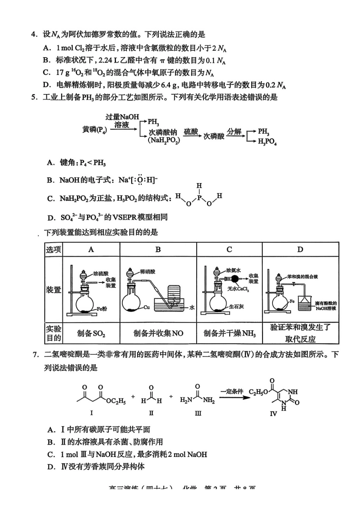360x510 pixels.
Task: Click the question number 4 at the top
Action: tap(34, 35)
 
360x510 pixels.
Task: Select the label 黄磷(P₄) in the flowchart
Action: tap(94, 130)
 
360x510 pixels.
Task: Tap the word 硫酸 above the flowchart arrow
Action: tap(191, 132)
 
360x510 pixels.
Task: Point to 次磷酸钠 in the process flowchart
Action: tap(163, 132)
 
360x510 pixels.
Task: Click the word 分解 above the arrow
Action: tap(234, 131)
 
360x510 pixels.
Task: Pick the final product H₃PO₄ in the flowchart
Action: tap(267, 141)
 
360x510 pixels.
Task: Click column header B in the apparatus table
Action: tap(158, 250)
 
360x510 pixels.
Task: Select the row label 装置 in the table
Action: tap(53, 290)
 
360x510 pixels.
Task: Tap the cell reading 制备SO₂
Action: tap(91, 333)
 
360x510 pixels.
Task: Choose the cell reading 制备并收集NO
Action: tap(158, 333)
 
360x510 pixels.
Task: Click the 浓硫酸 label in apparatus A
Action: tap(101, 273)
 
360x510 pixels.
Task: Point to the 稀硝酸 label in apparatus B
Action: tap(147, 271)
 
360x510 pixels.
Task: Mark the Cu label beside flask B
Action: tap(147, 307)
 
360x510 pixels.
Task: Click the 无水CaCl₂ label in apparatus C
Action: tap(238, 289)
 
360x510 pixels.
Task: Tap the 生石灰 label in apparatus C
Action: tap(236, 306)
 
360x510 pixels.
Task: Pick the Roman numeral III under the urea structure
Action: tap(198, 413)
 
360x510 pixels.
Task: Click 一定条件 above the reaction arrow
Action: tap(232, 391)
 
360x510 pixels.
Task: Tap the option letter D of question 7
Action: tap(51, 467)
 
